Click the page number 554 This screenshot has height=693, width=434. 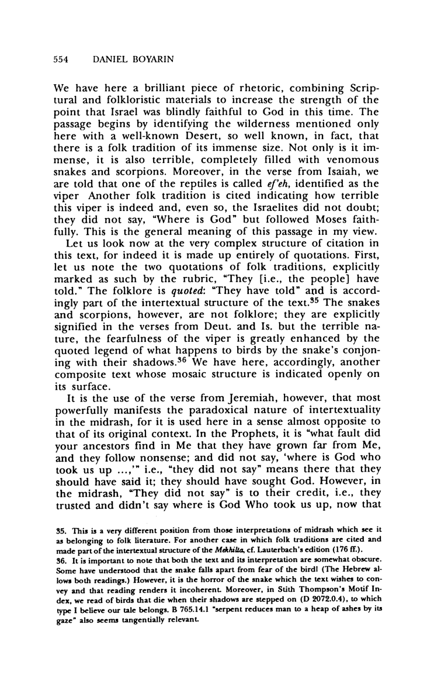click(x=61, y=60)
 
